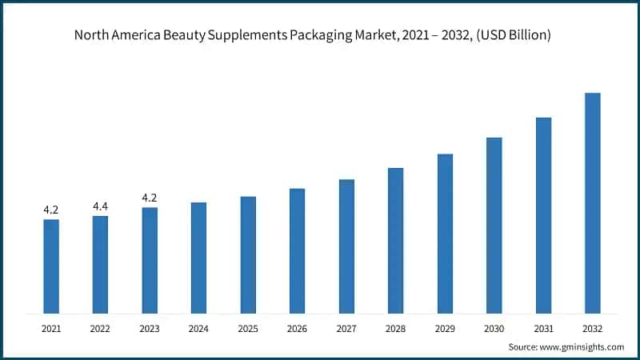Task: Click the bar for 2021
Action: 51,266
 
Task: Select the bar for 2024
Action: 198,258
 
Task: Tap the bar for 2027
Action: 346,246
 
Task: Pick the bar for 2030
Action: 494,225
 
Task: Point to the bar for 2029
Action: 445,233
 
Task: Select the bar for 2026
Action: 297,250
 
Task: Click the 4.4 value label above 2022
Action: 100,206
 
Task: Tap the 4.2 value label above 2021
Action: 51,210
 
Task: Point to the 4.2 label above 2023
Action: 150,198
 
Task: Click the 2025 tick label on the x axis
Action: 248,328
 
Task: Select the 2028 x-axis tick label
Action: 395,328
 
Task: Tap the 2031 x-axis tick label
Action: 543,328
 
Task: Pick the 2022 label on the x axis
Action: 100,328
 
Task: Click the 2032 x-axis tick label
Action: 592,328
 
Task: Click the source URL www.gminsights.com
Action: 581,347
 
